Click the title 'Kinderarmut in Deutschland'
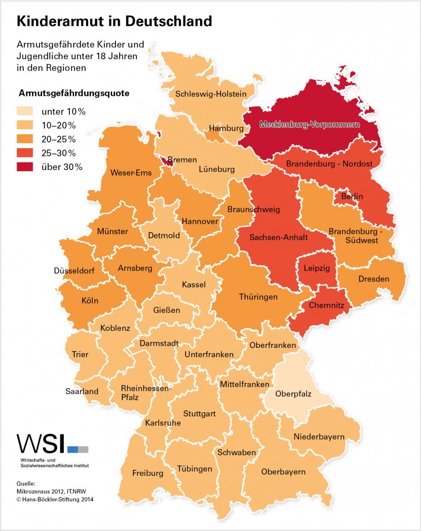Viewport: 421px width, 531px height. [115, 21]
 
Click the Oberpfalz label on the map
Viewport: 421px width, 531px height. [293, 394]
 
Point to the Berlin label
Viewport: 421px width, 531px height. [352, 197]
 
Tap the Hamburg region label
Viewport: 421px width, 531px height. [226, 128]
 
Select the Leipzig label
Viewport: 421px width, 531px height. [316, 269]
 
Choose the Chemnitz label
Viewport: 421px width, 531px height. [326, 306]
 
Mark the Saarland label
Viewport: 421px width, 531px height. [82, 392]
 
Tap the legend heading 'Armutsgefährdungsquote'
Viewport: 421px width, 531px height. [74, 94]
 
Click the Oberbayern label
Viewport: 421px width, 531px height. [283, 472]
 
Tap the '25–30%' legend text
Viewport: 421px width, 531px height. [59, 153]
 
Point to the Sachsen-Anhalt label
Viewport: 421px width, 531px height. [278, 237]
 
